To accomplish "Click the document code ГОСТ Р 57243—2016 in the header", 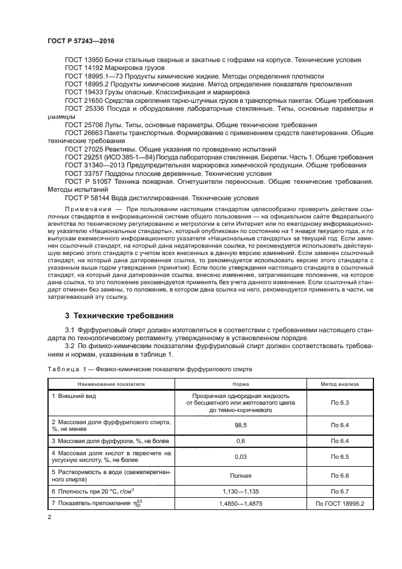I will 81,40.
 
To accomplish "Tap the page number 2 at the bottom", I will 49,517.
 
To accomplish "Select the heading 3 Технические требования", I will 119,316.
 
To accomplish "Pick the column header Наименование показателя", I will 111,384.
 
